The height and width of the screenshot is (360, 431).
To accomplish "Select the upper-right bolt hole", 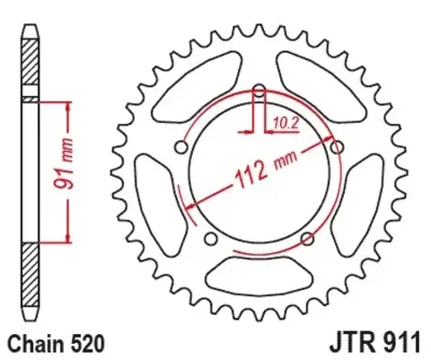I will coord(337,147).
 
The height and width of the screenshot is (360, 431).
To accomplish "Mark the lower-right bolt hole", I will coord(306,238).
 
